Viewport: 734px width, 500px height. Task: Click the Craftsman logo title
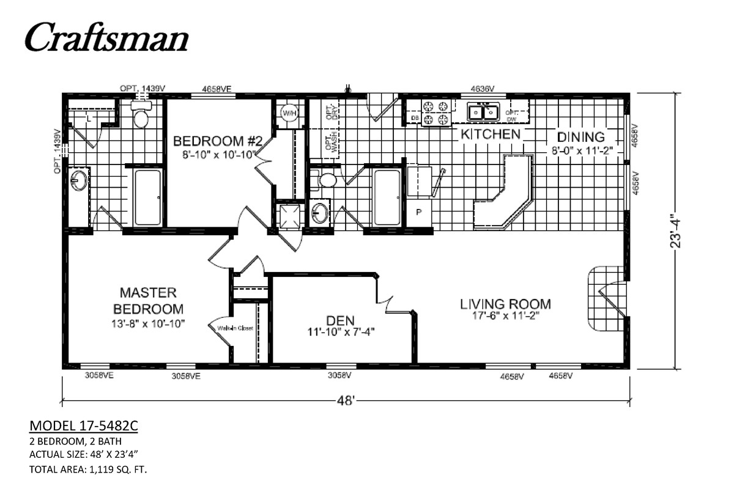[x=106, y=38]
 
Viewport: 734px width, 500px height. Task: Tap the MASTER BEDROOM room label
[x=147, y=300]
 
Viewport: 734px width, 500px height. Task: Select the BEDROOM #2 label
[x=218, y=141]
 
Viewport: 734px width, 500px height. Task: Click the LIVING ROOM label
[x=505, y=304]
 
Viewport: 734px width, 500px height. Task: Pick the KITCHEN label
[x=490, y=134]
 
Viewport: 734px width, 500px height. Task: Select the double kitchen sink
[x=482, y=112]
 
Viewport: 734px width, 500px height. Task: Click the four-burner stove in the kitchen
[x=437, y=112]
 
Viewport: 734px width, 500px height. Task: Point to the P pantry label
[x=420, y=212]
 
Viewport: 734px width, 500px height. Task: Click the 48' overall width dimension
[x=346, y=401]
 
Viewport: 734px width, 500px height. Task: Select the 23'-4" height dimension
[x=675, y=231]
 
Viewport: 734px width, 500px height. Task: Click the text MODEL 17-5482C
[x=83, y=425]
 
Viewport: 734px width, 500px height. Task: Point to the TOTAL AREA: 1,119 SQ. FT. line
[x=88, y=469]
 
